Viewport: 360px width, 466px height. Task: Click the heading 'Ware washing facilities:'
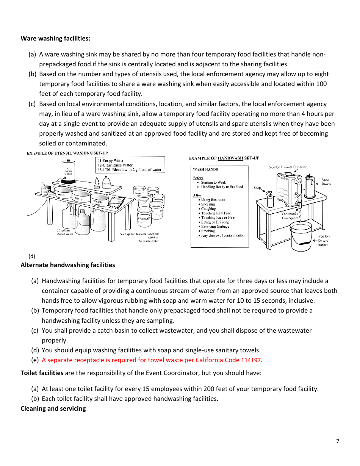tap(55, 38)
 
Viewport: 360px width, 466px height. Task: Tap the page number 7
tap(337, 441)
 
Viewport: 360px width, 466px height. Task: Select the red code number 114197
tap(251, 360)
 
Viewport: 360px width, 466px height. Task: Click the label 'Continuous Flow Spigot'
tap(290, 216)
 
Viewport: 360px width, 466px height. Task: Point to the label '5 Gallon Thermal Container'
tap(288, 167)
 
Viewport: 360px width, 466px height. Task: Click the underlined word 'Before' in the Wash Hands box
tap(198, 178)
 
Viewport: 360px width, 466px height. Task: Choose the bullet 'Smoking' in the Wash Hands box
tap(208, 231)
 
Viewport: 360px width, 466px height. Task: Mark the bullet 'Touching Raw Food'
tap(216, 213)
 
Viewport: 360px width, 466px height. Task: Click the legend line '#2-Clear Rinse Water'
tap(115, 165)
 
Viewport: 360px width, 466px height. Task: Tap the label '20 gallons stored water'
tap(64, 232)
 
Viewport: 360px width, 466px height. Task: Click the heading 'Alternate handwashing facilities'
tap(67, 265)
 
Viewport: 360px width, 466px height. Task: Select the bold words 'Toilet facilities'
tap(42, 373)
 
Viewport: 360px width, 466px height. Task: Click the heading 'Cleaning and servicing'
tap(53, 408)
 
